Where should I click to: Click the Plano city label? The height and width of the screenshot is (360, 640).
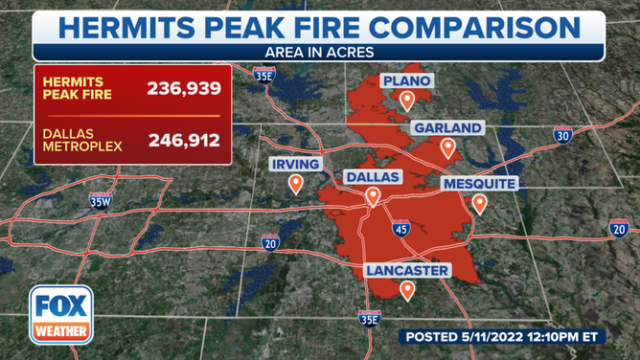(x=407, y=79)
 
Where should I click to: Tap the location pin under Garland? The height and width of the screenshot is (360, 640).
(x=446, y=147)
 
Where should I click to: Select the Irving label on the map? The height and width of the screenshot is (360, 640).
(x=296, y=164)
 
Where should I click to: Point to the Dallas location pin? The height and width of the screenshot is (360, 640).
(x=372, y=196)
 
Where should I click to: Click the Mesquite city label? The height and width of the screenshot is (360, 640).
(x=479, y=182)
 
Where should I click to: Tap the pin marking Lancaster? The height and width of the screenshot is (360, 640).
(x=407, y=290)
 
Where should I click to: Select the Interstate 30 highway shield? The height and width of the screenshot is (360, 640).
(x=563, y=135)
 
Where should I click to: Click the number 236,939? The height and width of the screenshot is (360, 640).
(x=184, y=89)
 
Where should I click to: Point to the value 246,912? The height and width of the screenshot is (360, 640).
(x=184, y=141)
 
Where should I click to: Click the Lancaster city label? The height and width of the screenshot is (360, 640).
(x=407, y=271)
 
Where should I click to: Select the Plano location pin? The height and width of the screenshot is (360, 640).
(x=407, y=99)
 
